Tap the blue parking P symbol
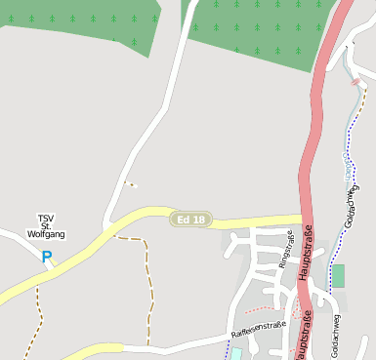click(x=46, y=258)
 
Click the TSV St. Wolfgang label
click(x=46, y=225)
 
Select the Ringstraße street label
click(x=285, y=250)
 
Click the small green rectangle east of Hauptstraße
click(x=338, y=276)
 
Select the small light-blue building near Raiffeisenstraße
click(x=235, y=354)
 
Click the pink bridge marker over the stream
click(x=355, y=83)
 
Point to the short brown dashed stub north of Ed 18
click(x=129, y=183)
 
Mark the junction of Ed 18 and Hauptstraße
click(x=306, y=221)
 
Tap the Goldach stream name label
click(x=349, y=169)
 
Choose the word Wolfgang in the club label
click(x=46, y=234)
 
